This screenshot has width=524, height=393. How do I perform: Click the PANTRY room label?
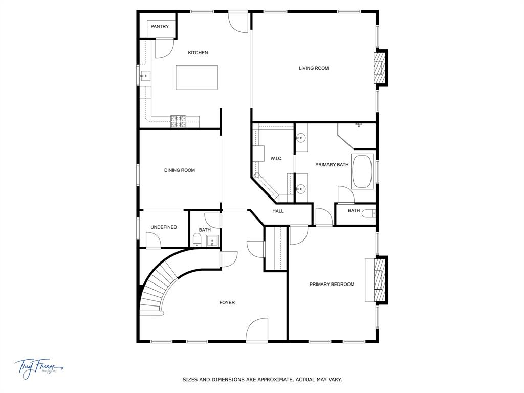160,27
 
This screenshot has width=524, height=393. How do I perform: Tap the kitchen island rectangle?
196,77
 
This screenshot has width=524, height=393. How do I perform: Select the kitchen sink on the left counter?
145,77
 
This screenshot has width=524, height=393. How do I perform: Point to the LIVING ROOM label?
314,68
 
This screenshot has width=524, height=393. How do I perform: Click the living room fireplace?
379,67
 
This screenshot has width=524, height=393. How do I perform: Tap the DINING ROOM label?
180,170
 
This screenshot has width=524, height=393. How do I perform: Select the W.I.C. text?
276,159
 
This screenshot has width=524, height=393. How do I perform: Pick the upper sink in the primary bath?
301,137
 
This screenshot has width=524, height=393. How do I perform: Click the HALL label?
278,211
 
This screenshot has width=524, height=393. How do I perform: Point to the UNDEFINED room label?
164,227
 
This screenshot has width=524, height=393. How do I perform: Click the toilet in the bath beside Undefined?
198,241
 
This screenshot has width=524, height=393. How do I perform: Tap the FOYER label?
227,303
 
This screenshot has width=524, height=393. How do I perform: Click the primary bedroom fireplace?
379,280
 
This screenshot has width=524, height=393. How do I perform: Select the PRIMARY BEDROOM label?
332,285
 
